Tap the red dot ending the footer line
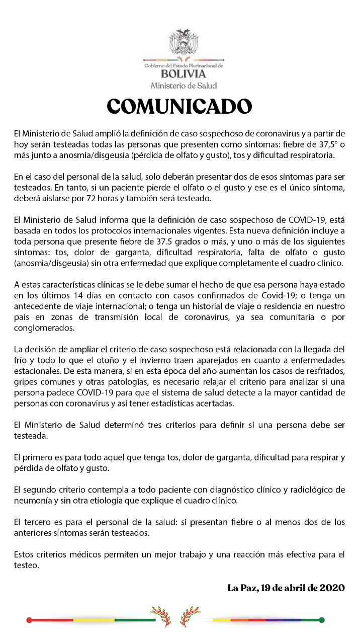[29, 620]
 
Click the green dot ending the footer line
[322, 620]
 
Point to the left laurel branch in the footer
[162, 616]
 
